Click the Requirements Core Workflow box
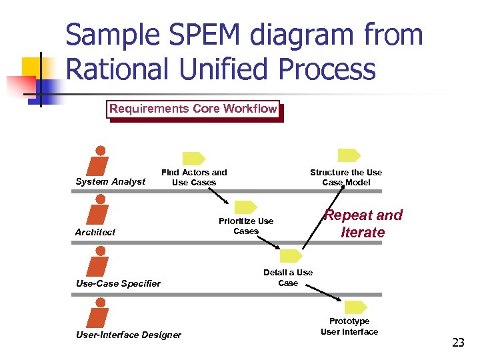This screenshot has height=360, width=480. [193, 109]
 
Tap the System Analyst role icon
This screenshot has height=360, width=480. [99, 161]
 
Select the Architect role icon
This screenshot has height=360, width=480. [99, 210]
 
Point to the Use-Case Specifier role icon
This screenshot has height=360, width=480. [99, 262]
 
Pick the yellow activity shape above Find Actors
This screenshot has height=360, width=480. [194, 159]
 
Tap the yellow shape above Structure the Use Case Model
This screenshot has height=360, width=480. [348, 156]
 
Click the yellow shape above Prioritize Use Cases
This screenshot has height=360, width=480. [246, 207]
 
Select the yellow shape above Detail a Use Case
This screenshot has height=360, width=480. [291, 256]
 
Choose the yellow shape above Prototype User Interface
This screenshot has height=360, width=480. [356, 307]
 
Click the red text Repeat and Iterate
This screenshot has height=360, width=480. [363, 223]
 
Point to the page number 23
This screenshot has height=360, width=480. [458, 343]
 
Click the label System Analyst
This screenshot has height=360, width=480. [110, 181]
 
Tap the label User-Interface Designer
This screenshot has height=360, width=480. [128, 335]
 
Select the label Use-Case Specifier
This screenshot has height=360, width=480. [118, 283]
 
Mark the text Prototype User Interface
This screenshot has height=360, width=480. [349, 327]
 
